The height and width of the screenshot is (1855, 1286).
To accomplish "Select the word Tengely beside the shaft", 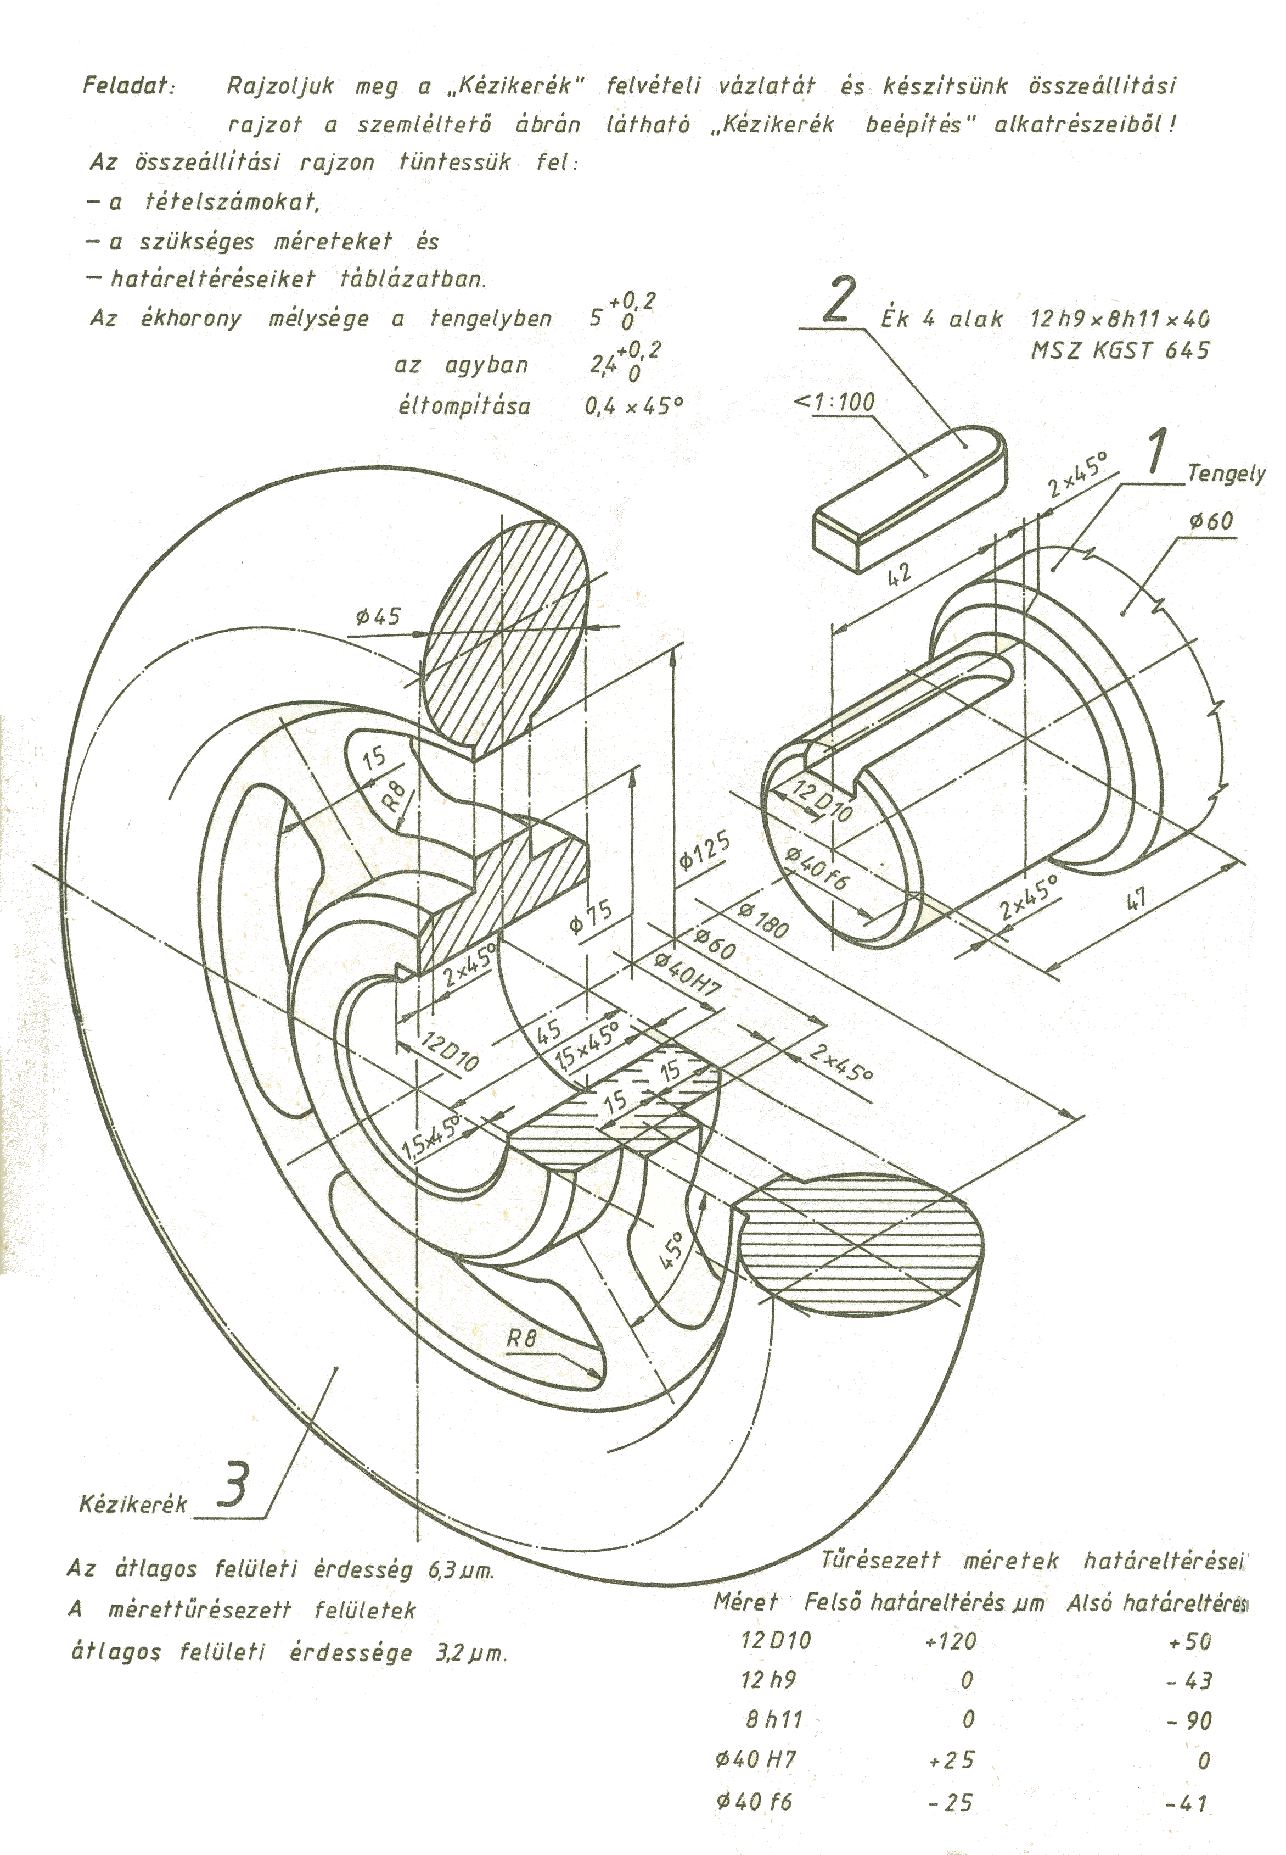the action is pos(1226,475).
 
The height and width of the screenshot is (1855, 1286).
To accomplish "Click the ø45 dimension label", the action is pos(378,617).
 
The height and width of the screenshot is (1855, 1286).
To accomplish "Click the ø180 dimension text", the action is pos(762,921).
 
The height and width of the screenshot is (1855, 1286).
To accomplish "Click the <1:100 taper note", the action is pos(835,402).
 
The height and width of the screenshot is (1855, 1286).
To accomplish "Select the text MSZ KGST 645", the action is pos(1120,350).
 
